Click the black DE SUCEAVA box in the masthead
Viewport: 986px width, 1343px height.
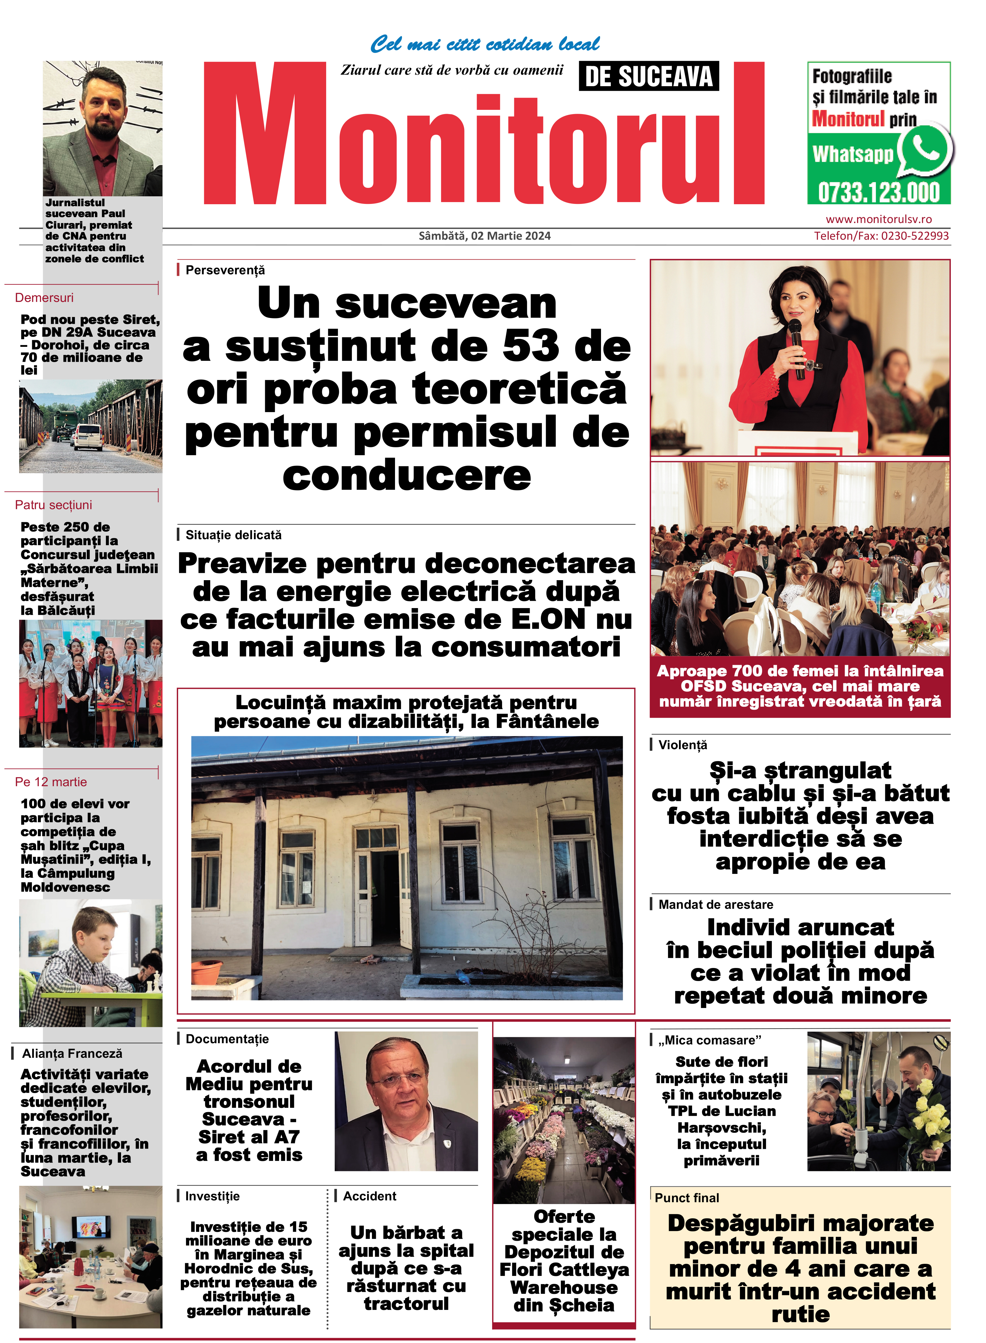coord(649,76)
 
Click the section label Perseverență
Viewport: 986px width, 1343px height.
coord(225,270)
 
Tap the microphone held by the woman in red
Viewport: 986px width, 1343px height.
coord(795,340)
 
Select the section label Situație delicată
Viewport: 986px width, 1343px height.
coord(233,535)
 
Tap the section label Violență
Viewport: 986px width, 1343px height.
coord(682,745)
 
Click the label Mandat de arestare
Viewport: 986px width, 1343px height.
coord(716,904)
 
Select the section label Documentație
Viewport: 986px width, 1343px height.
coord(227,1039)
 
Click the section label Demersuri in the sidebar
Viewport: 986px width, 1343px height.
coord(44,297)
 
